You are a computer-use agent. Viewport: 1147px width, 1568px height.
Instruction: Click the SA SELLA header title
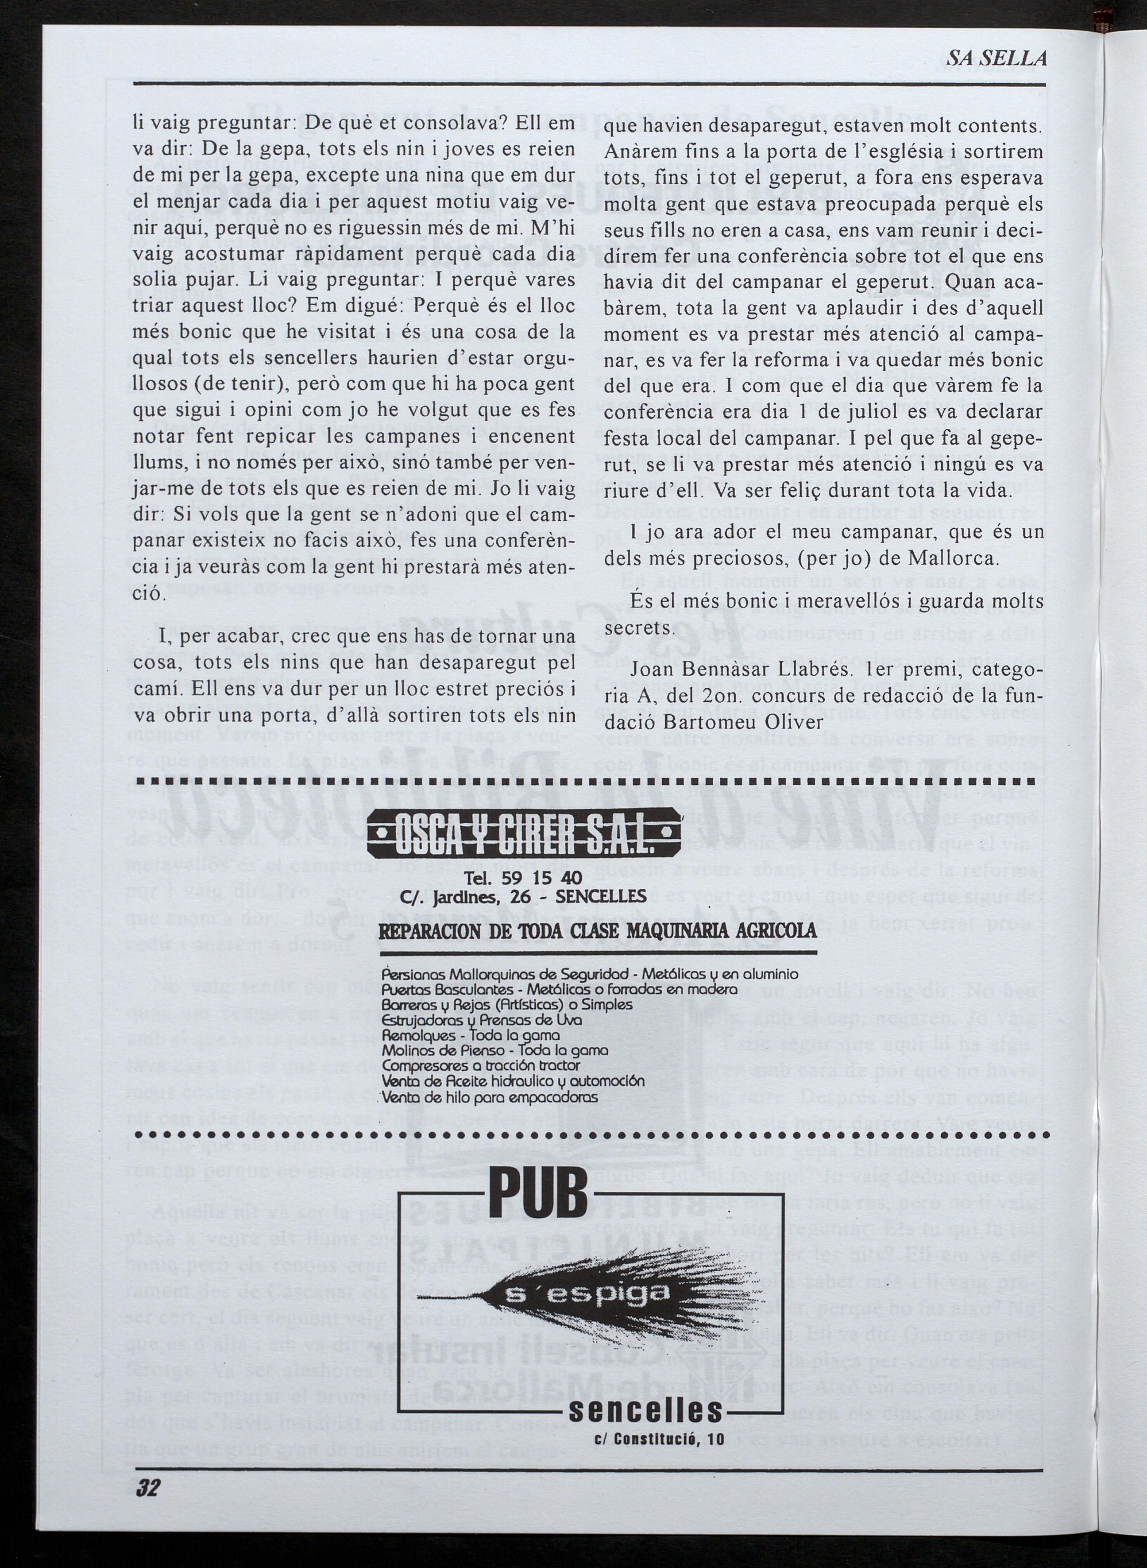tap(997, 59)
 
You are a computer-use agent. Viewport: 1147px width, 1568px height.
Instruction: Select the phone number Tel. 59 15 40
tap(524, 879)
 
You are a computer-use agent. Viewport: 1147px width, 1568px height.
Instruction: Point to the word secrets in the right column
tap(638, 627)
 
